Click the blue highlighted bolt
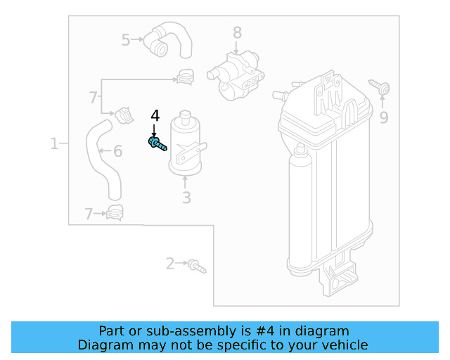[x=157, y=144]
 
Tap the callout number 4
[x=155, y=116]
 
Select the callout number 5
[x=126, y=40]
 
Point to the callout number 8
[x=237, y=32]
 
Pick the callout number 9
[x=383, y=117]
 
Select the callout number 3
[x=186, y=198]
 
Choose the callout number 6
[x=117, y=150]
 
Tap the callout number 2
[x=169, y=264]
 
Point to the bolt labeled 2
[x=196, y=266]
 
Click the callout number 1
[x=54, y=144]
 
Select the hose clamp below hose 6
[x=114, y=212]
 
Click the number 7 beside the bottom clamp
[x=89, y=214]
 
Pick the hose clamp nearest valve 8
[x=186, y=74]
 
